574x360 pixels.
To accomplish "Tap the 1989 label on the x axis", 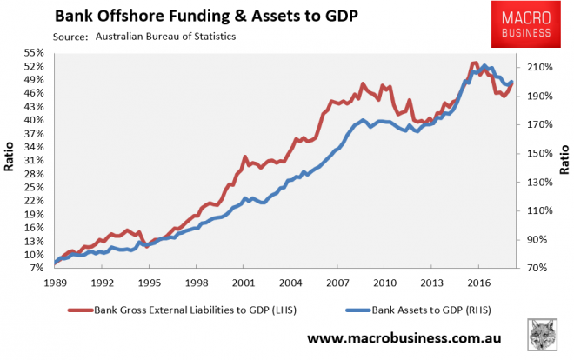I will pos(56,283).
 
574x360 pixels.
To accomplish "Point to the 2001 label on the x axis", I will pos(243,283).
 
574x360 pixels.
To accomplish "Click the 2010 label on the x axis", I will pos(384,283).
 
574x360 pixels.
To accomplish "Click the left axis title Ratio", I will pos(10,162).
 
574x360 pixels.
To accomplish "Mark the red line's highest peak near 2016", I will pos(474,63).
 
